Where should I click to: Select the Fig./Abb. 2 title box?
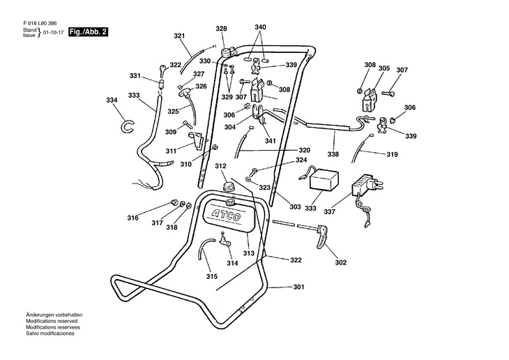tap(88, 33)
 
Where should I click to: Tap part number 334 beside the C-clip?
tap(112, 100)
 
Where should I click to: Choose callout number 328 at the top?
tap(220, 29)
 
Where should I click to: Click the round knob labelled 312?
tap(227, 186)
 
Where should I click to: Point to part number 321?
tap(179, 36)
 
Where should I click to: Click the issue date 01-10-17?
tap(54, 33)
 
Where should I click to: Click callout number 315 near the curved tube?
tap(211, 277)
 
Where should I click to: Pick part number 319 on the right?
tap(393, 155)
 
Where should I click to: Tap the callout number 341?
tap(270, 141)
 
